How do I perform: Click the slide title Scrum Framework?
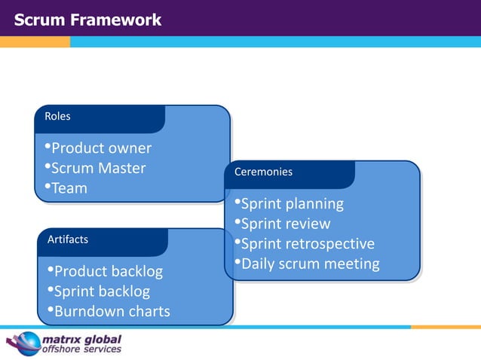tap(87, 20)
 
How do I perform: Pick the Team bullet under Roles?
tap(68, 188)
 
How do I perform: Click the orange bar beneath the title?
tap(35, 42)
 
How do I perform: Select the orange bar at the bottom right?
tap(445, 327)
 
